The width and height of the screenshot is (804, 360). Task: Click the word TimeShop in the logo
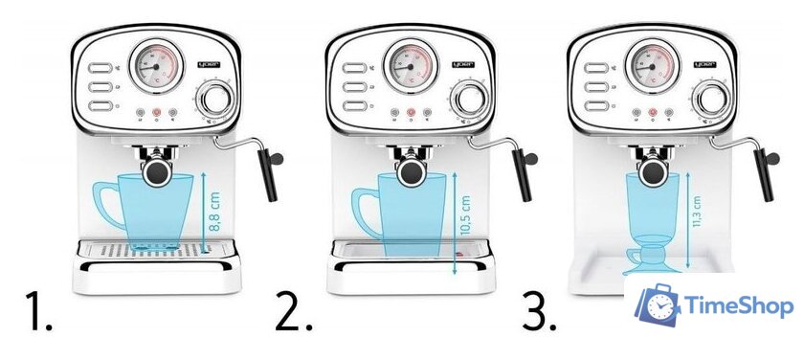pos(740,305)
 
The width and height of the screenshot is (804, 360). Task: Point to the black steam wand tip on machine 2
pos(523,175)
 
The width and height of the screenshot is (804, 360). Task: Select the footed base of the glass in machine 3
pos(652,258)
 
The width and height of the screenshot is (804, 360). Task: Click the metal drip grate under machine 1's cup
pos(144,249)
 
